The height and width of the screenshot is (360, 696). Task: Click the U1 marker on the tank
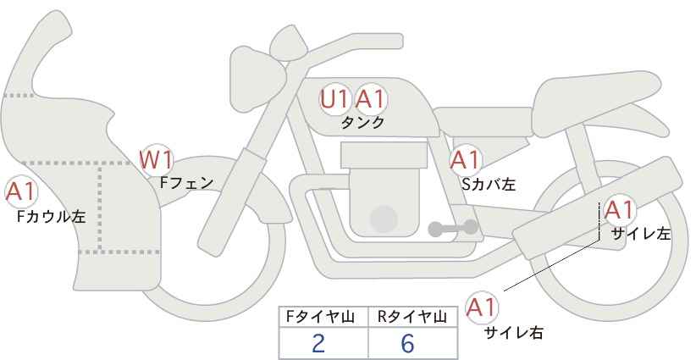click(334, 99)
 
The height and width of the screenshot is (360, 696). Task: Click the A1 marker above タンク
click(370, 99)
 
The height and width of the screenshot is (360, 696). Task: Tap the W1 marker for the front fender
click(157, 158)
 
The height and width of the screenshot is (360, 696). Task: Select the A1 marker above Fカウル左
click(19, 191)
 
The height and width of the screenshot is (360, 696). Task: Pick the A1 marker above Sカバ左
click(465, 158)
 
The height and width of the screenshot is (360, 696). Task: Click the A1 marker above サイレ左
click(619, 210)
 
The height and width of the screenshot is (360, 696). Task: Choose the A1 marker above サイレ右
click(483, 307)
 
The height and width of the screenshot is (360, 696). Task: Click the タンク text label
click(362, 123)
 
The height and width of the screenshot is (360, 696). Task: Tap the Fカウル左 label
click(51, 216)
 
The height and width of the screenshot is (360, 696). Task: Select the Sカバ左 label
click(488, 182)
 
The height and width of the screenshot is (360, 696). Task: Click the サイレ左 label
click(640, 234)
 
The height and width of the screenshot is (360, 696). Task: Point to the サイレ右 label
click(513, 333)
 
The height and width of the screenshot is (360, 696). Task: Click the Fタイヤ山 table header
click(323, 317)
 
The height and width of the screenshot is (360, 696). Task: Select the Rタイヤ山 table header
click(412, 317)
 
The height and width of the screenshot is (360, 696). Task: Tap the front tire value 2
click(318, 343)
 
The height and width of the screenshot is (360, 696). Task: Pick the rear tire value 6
click(407, 343)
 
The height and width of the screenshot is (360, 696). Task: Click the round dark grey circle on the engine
click(384, 219)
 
